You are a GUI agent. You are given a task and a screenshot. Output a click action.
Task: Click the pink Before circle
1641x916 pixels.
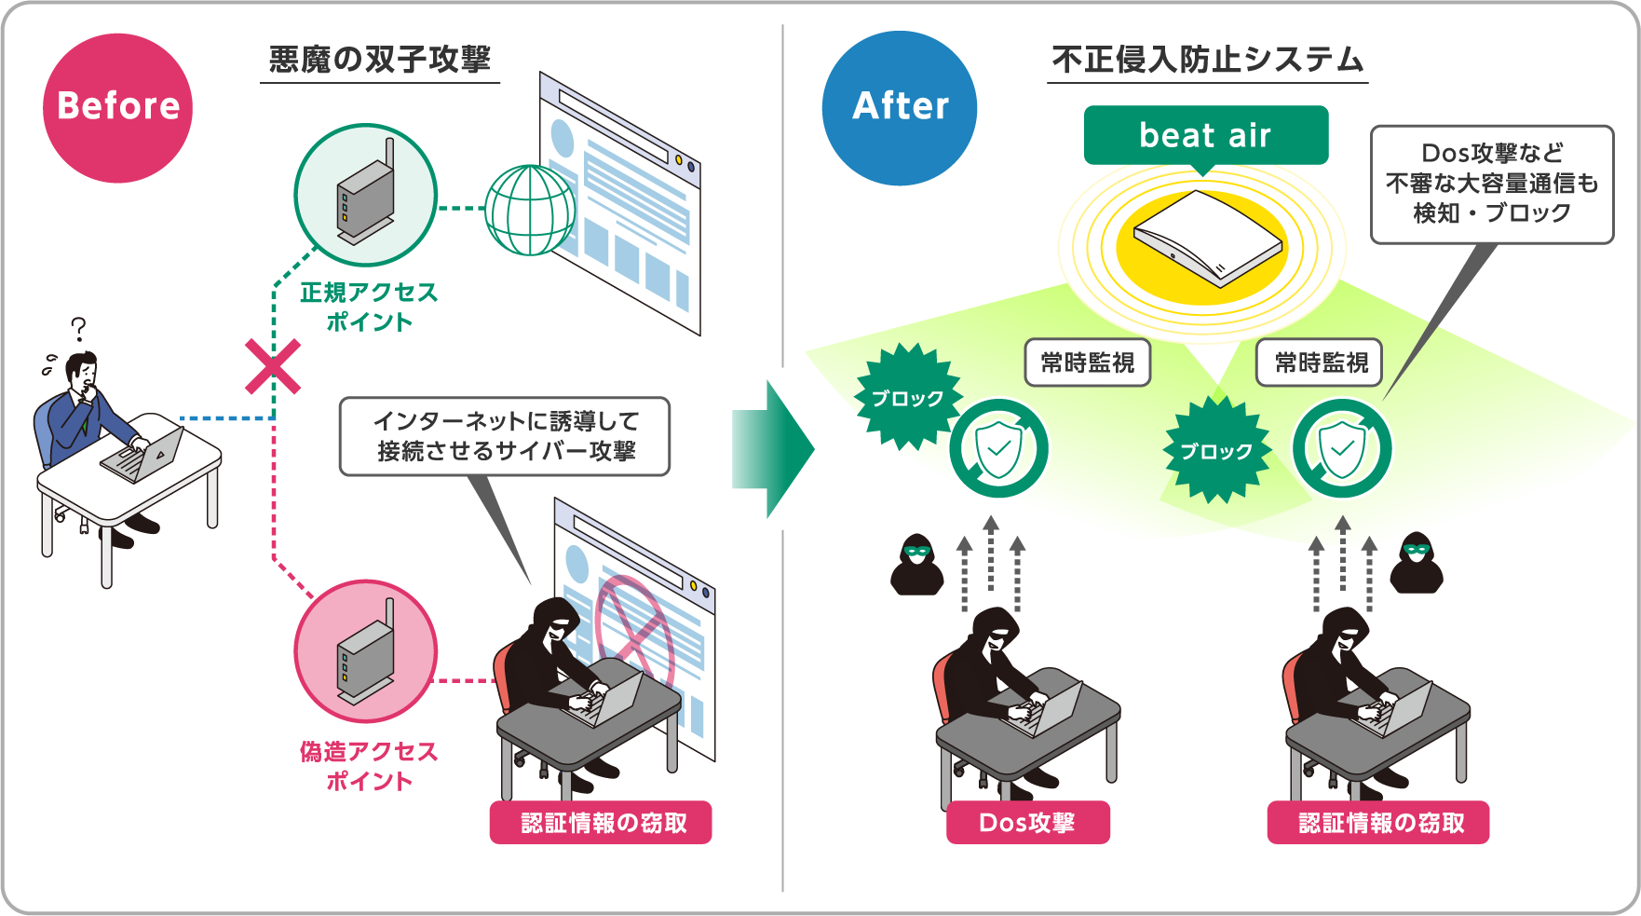(x=117, y=107)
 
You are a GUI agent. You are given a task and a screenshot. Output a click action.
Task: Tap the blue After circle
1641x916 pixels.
(x=900, y=107)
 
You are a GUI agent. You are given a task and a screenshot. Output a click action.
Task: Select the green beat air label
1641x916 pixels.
(x=1205, y=136)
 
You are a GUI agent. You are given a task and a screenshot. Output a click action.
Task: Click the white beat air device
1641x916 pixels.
(x=1206, y=237)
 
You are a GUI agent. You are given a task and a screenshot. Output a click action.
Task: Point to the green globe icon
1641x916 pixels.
(x=530, y=210)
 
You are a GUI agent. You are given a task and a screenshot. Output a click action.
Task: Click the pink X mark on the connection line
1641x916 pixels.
(x=273, y=366)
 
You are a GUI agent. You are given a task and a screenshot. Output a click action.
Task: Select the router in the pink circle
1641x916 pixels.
(x=366, y=652)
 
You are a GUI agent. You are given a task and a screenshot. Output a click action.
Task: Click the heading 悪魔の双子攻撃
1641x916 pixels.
(x=379, y=61)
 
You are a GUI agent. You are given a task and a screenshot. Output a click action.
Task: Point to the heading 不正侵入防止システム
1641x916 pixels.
(x=1207, y=61)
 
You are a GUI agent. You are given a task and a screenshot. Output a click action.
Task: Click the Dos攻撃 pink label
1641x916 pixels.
(x=1027, y=823)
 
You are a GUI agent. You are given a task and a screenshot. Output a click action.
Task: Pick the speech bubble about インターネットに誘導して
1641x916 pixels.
(x=505, y=436)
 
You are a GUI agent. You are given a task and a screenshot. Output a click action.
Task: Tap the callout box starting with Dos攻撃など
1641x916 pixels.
(x=1491, y=184)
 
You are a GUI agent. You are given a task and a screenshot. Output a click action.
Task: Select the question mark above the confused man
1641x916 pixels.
(x=79, y=329)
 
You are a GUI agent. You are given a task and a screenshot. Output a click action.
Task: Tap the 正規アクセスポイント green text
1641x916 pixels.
(x=369, y=307)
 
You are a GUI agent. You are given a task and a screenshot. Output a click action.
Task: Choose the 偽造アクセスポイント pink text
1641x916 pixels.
(x=369, y=766)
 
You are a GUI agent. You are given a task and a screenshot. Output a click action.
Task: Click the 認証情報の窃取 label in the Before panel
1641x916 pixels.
(x=601, y=823)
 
